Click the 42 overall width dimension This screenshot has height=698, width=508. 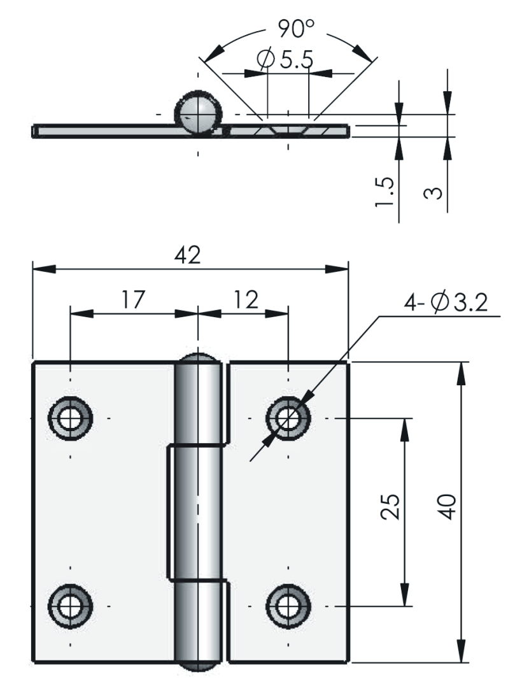pos(188,255)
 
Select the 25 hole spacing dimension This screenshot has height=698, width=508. pos(393,507)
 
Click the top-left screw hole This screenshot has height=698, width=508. pos(71,418)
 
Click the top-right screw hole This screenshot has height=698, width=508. pos(289,418)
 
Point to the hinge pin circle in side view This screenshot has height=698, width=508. pos(198,113)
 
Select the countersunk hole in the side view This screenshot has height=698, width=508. pos(288,129)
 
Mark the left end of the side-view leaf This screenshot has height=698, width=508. pos(36,131)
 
